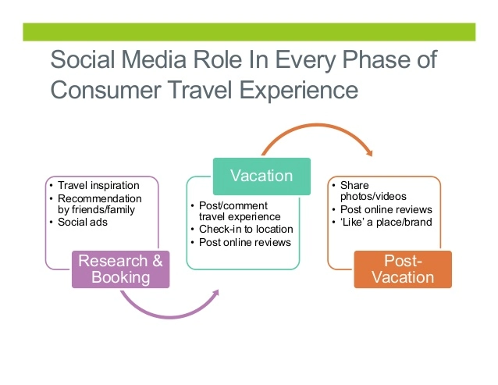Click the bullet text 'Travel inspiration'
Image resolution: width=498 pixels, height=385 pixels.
tap(98, 186)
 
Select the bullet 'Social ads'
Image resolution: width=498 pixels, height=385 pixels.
tap(83, 222)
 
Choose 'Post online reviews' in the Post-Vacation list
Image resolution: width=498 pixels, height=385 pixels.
tap(386, 209)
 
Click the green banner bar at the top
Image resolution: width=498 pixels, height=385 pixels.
tap(248, 32)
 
